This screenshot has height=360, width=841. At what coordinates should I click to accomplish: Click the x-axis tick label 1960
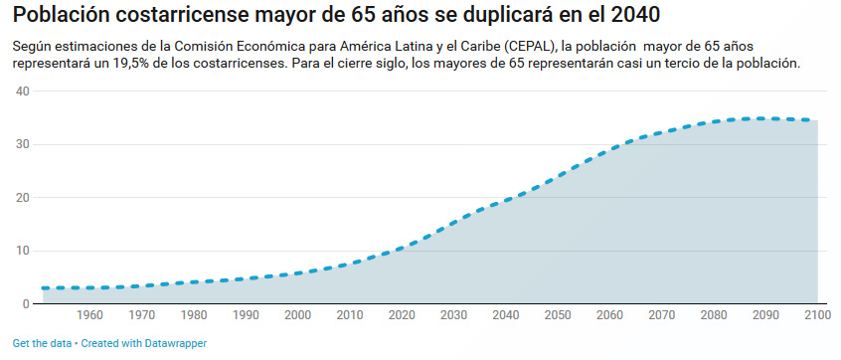coord(89,316)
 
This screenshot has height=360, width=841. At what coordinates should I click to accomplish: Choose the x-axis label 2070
coord(660,316)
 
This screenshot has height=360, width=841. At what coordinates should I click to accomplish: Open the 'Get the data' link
coord(42,343)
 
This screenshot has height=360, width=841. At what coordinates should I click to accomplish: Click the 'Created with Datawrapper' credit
coord(144,343)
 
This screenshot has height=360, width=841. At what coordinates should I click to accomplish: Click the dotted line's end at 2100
coord(816,120)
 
